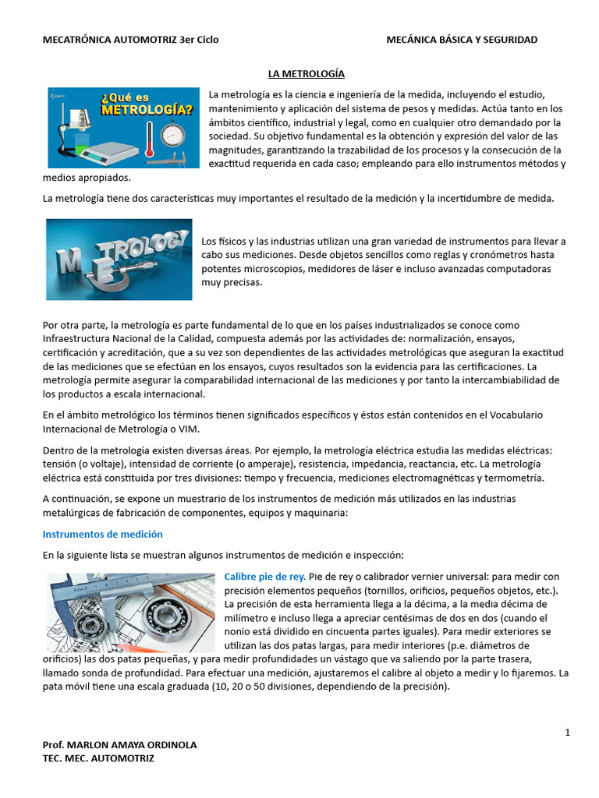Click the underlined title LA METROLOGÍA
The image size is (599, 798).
coord(306,73)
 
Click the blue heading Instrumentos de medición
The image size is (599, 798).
coord(102,535)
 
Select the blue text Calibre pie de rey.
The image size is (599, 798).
coord(264,577)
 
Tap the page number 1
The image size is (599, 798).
coord(568,733)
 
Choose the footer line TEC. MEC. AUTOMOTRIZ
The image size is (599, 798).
coord(98,758)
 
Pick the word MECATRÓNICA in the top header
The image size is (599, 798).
coord(77,40)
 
